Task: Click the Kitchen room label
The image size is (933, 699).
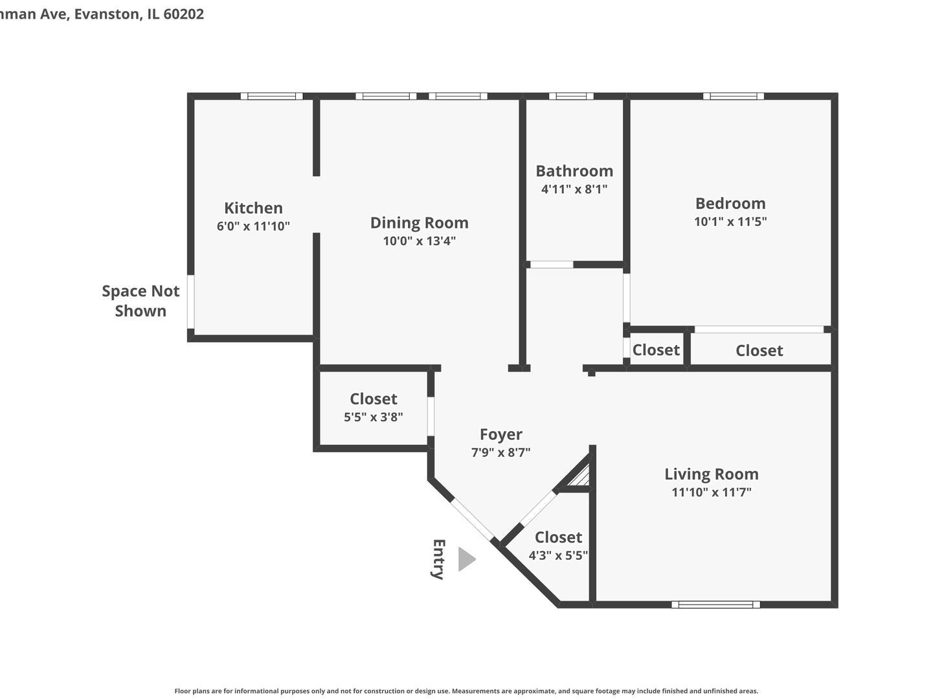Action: click(253, 208)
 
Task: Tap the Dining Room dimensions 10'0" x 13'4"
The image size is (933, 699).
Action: click(419, 241)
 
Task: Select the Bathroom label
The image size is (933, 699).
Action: click(574, 171)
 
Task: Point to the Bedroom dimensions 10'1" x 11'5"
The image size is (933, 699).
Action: click(730, 221)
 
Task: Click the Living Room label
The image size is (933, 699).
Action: click(711, 474)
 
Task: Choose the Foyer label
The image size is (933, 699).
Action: click(500, 434)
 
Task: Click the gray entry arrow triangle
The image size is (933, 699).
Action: click(466, 559)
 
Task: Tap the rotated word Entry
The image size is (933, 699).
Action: click(438, 559)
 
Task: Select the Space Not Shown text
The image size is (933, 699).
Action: click(141, 301)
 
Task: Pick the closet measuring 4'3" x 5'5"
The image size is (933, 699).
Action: click(557, 546)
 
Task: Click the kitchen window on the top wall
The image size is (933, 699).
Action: click(272, 96)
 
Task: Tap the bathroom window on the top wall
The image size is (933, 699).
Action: click(571, 96)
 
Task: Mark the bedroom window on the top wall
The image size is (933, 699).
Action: click(734, 96)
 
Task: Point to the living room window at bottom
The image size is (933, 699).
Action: click(715, 605)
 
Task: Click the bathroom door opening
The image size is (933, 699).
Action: click(551, 265)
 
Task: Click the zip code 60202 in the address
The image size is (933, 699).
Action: click(184, 14)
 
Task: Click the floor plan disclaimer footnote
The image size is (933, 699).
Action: click(466, 691)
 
